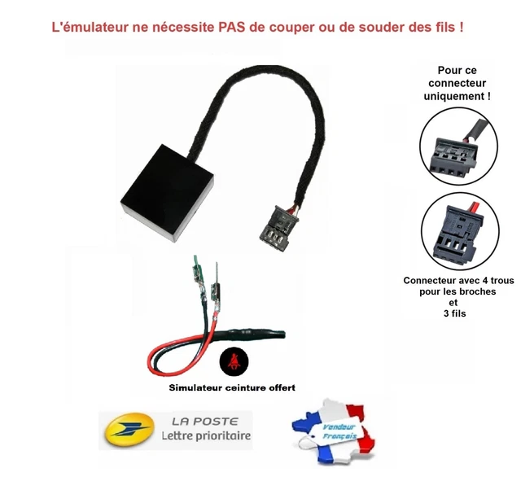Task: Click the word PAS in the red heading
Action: pyautogui.click(x=230, y=27)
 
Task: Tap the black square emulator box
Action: pyautogui.click(x=166, y=193)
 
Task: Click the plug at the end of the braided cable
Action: pyautogui.click(x=278, y=229)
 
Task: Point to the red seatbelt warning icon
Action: pyautogui.click(x=234, y=361)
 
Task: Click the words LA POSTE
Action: pyautogui.click(x=205, y=422)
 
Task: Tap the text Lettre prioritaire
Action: pyautogui.click(x=206, y=435)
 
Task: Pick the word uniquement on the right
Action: pyautogui.click(x=453, y=96)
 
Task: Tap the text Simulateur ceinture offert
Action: pyautogui.click(x=232, y=387)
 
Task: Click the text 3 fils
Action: pyautogui.click(x=454, y=313)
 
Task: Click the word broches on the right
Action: pyautogui.click(x=478, y=291)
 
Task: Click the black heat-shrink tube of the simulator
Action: pyautogui.click(x=253, y=335)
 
